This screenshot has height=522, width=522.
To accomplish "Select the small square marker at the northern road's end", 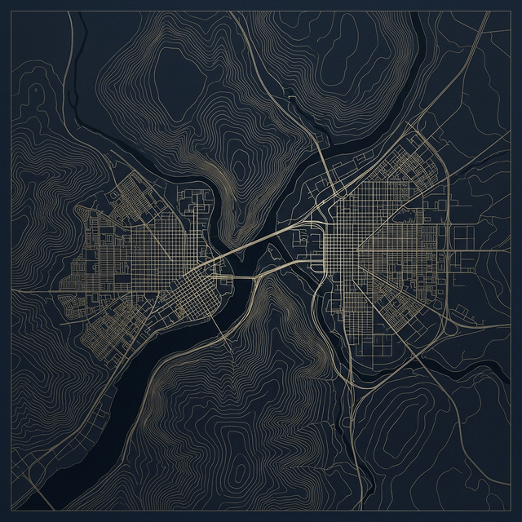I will (x=291, y=99).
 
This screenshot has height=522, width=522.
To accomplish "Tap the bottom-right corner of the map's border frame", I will (x=511, y=511).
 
